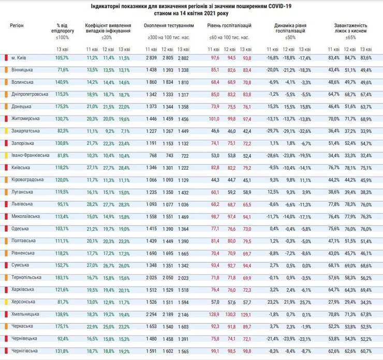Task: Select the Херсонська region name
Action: point(23,301)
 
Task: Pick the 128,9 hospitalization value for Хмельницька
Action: point(213,313)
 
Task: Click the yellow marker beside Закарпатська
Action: point(6,130)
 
